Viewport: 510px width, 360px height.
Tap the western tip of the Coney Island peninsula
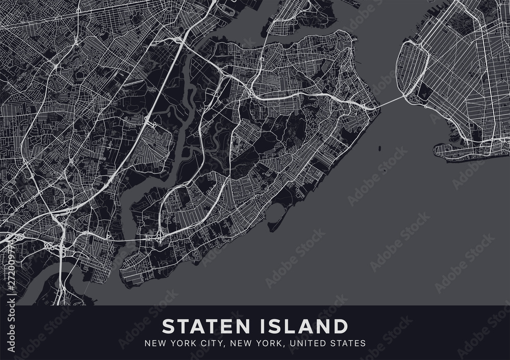[x=437, y=149]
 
